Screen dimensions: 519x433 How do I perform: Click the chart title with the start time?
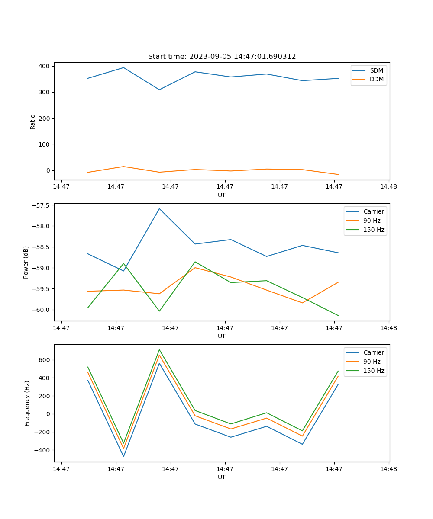(222, 57)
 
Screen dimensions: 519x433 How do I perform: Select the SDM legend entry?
(376, 70)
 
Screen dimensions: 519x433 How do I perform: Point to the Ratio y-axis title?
(33, 122)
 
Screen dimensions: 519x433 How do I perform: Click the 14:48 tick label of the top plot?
(388, 187)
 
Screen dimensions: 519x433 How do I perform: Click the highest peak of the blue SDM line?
(123, 67)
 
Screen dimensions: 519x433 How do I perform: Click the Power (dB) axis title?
(26, 262)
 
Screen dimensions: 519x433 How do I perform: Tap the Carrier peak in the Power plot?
(159, 208)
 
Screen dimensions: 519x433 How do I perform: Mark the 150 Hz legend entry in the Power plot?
(373, 230)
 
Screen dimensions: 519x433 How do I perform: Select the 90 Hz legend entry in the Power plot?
(372, 221)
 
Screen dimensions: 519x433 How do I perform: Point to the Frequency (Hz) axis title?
(27, 403)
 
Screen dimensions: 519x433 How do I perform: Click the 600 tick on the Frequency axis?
(45, 360)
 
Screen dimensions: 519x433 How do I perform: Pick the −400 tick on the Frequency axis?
(43, 450)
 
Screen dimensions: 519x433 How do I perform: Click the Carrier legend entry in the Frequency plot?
(373, 352)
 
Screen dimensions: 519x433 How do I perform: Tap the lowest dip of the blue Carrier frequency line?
(123, 456)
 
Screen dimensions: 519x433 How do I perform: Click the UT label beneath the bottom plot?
(222, 477)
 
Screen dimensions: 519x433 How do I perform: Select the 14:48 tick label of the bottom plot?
(388, 469)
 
